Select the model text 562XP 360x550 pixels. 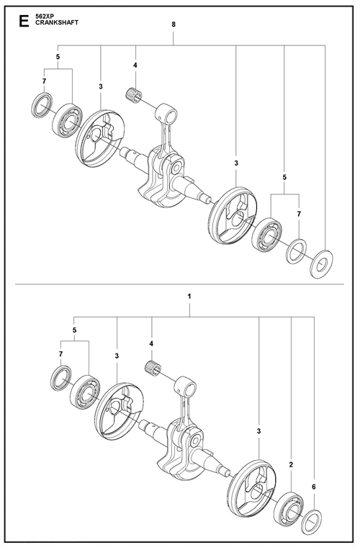(x=46, y=15)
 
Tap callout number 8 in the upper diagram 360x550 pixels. (x=174, y=25)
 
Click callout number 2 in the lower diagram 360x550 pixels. (x=290, y=464)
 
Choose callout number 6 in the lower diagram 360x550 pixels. (x=313, y=487)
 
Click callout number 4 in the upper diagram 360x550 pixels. (x=135, y=67)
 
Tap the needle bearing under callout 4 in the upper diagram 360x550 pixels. (x=135, y=93)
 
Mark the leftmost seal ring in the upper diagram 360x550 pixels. (x=42, y=104)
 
